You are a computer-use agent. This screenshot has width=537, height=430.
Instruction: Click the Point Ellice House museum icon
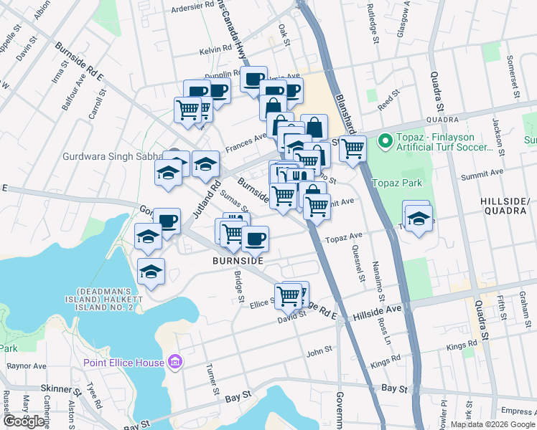point(173,362)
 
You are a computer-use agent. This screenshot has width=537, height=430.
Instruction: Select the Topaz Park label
point(393,183)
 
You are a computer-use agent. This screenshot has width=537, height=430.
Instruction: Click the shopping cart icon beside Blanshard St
point(352,149)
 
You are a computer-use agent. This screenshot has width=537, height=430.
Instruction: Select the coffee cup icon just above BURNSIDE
point(254,238)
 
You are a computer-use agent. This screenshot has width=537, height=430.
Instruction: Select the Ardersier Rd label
point(194,10)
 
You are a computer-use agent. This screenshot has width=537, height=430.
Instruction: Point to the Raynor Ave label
point(26,365)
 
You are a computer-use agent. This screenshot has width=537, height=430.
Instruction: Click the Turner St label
point(213,380)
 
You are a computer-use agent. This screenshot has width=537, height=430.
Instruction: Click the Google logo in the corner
point(24,421)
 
